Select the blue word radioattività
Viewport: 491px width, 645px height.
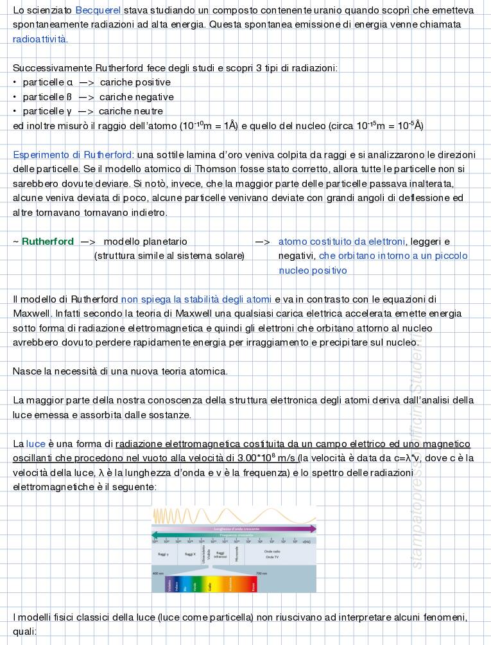pos(39,39)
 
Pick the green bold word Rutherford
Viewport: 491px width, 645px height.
pos(47,242)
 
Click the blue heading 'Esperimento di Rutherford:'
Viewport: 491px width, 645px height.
pos(73,155)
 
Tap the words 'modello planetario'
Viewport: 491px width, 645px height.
pos(145,242)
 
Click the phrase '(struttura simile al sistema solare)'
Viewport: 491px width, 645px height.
pos(169,256)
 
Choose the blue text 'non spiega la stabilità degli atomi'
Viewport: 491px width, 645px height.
pos(196,299)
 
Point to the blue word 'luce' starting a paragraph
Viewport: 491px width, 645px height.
pos(36,444)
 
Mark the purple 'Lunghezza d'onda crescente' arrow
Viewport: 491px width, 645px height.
pos(234,529)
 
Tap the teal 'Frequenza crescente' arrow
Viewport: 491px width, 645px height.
pos(234,535)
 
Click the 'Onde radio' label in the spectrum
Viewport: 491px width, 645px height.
pos(272,551)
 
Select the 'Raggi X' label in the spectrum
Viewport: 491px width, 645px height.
pos(190,553)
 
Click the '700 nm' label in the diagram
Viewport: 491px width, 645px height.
pos(261,573)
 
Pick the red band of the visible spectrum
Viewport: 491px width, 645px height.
pos(254,585)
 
